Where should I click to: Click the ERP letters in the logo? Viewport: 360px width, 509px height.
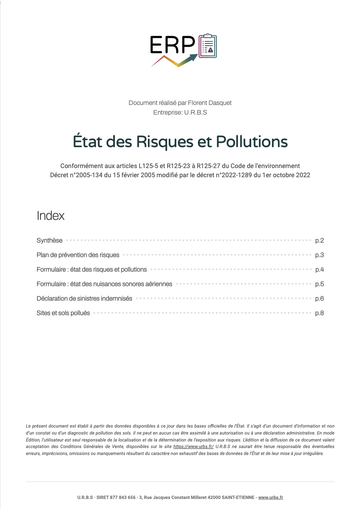click(172, 44)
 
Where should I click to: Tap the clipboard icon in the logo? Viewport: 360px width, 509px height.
click(208, 46)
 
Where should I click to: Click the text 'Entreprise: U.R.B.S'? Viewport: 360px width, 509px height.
click(180, 112)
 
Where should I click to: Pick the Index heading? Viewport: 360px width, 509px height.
click(50, 216)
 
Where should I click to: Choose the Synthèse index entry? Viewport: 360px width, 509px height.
click(50, 240)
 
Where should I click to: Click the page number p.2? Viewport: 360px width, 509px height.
click(320, 240)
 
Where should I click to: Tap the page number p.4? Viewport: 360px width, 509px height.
click(320, 270)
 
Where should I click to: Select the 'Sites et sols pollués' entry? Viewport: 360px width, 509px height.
click(63, 313)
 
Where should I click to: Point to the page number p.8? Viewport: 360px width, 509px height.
click(320, 313)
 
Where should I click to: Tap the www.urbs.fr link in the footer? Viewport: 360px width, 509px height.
click(271, 497)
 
